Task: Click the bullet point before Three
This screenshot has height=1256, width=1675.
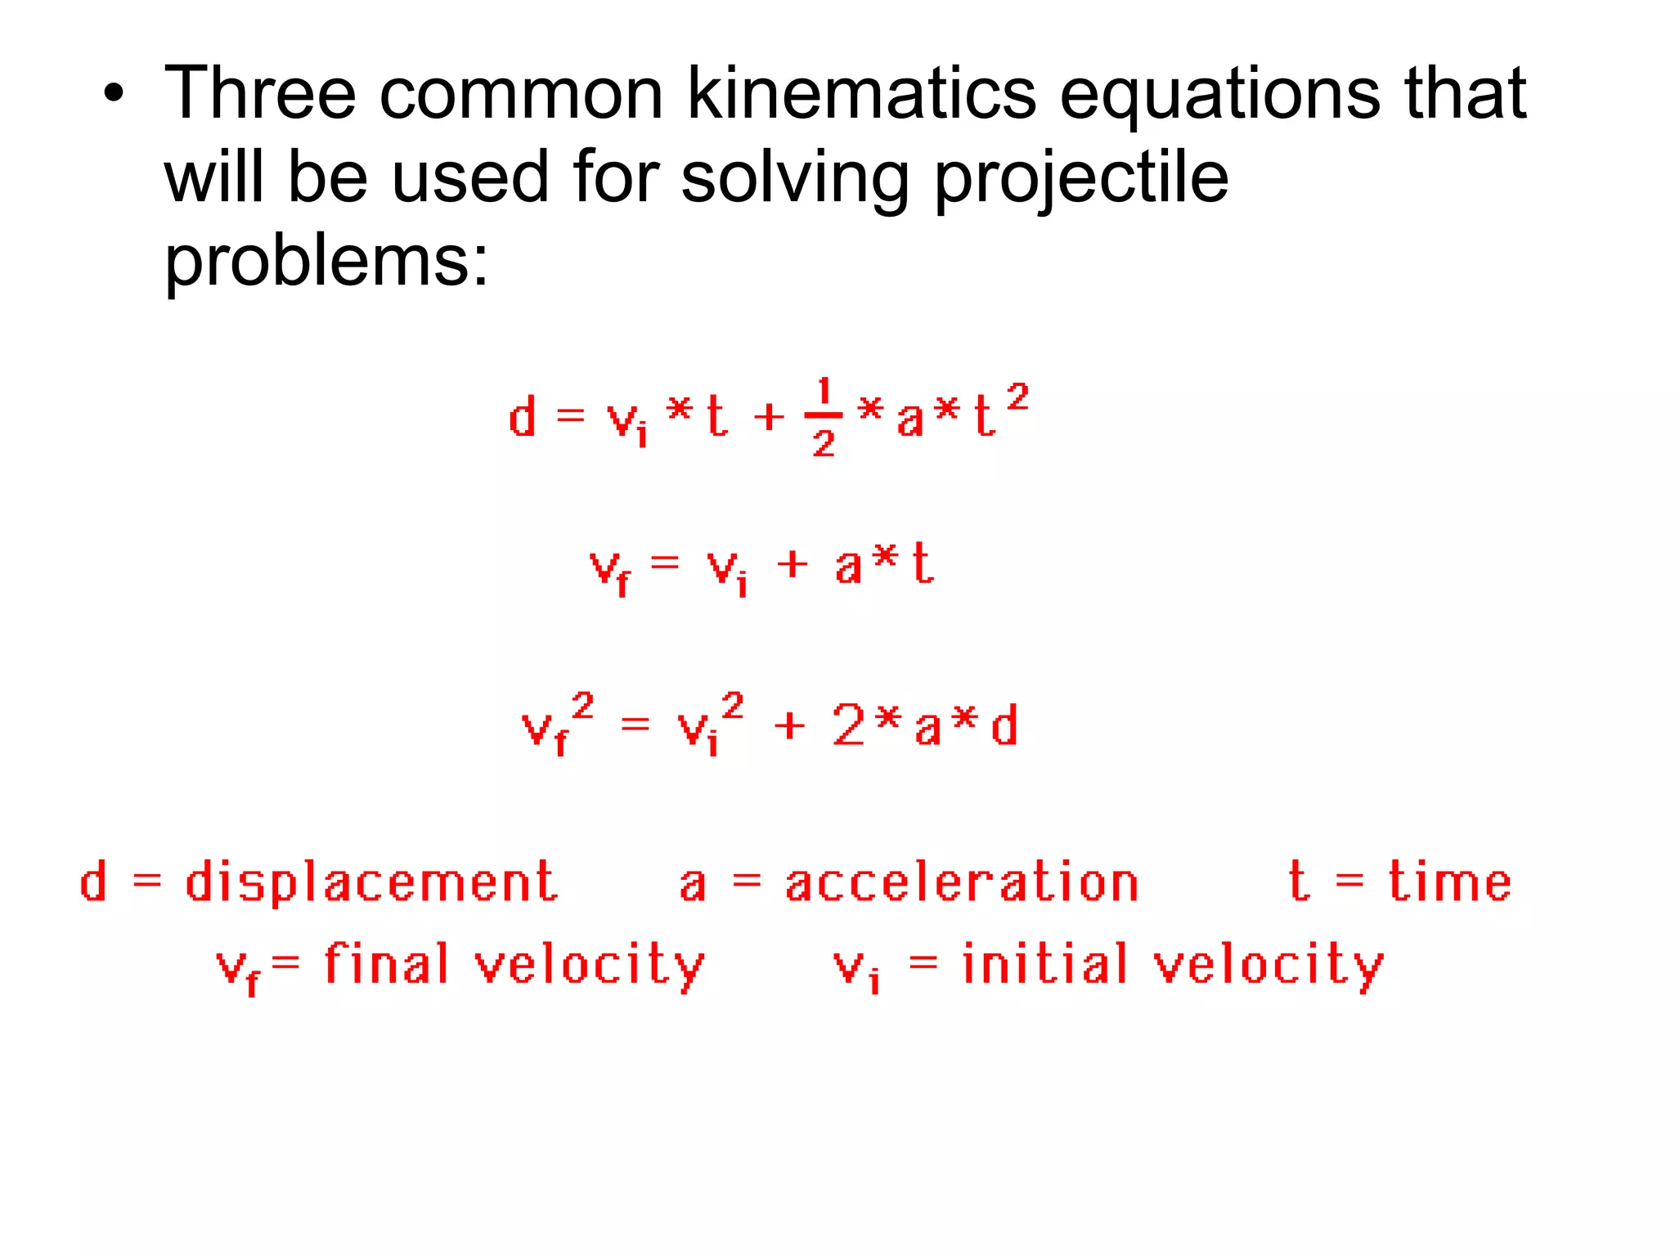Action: [114, 95]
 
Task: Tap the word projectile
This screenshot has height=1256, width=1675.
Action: [1080, 180]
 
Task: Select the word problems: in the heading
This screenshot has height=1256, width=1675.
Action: [326, 263]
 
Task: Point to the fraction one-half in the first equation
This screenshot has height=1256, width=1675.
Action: [824, 418]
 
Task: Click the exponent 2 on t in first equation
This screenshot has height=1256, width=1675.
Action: [1017, 398]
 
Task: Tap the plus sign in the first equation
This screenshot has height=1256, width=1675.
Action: [768, 418]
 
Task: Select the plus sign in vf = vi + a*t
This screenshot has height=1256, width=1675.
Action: [792, 564]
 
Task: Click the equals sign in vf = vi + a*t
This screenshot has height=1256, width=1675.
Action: [665, 563]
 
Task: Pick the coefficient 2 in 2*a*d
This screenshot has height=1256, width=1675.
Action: [848, 724]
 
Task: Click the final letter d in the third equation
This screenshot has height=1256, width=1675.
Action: [1004, 724]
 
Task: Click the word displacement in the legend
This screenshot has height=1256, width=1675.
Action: [371, 883]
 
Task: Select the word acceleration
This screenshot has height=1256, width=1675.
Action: [962, 883]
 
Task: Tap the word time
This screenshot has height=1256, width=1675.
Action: [1449, 883]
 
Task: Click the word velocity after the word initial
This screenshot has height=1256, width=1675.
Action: [1269, 967]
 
